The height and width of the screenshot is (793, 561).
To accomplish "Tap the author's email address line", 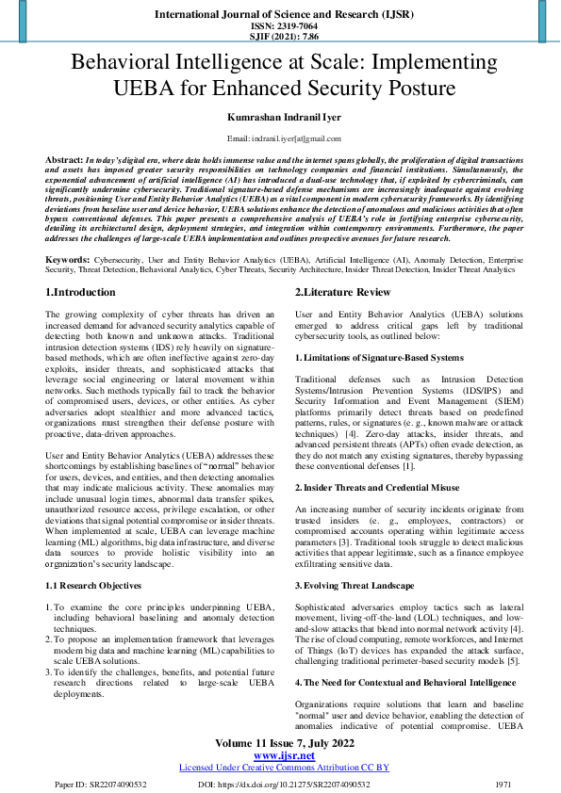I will click(280, 138).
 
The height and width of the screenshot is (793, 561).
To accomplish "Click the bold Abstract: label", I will click(64, 161).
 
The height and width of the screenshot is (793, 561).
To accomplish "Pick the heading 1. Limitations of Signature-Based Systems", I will click(379, 358).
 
